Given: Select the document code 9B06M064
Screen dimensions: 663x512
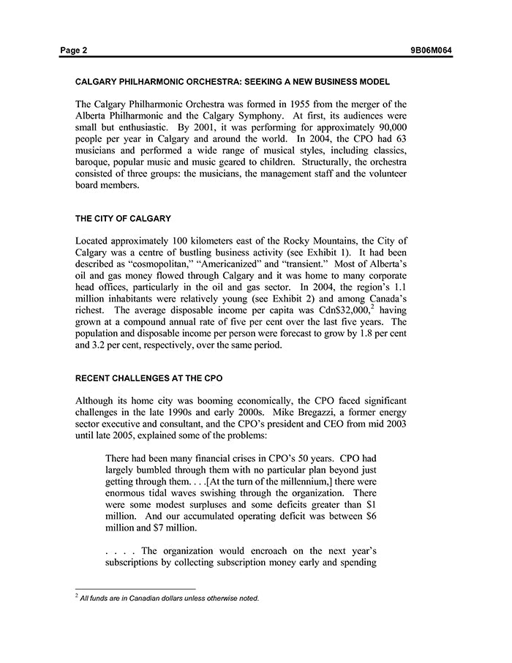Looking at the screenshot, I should coord(432,50).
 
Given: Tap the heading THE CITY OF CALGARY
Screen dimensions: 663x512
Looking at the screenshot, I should coord(123,218).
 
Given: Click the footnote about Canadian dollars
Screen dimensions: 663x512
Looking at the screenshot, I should coord(169,598).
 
